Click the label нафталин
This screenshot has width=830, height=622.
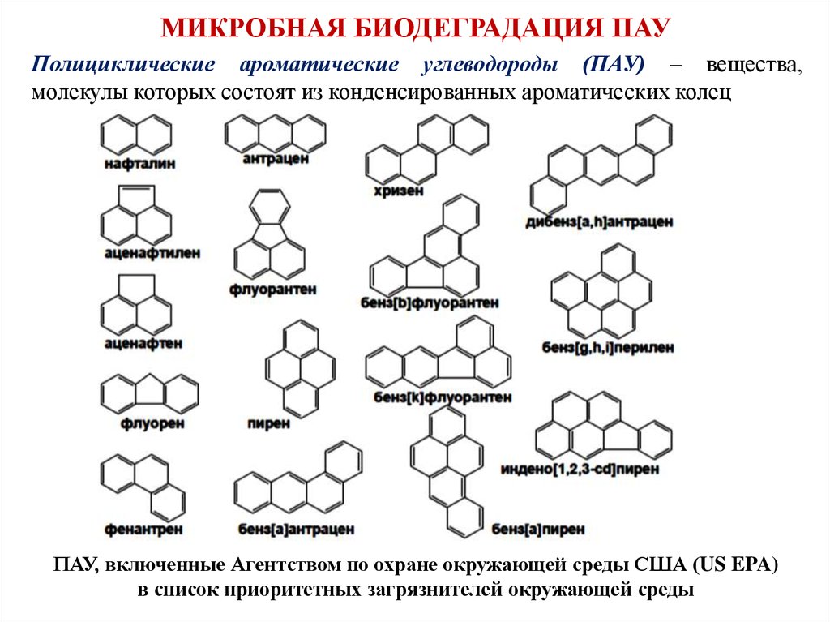pyautogui.click(x=140, y=163)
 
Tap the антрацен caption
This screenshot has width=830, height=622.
pyautogui.click(x=275, y=159)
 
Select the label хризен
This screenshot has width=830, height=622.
pyautogui.click(x=398, y=191)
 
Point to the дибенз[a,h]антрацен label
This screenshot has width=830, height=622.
pyautogui.click(x=599, y=221)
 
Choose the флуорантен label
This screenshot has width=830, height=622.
pyautogui.click(x=272, y=289)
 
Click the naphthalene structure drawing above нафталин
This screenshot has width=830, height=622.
pyautogui.click(x=136, y=133)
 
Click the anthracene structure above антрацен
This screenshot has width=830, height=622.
pyautogui.click(x=275, y=131)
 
